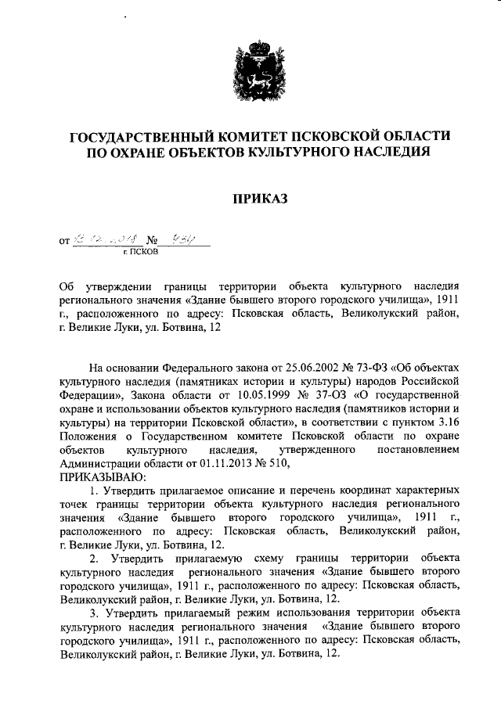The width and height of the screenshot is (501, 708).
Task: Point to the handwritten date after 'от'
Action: pos(103,241)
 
